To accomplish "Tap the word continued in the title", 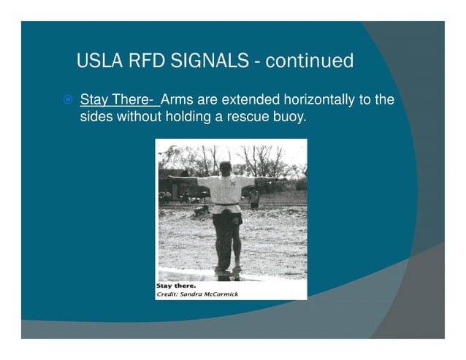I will point(310,61).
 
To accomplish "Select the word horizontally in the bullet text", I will point(319,99).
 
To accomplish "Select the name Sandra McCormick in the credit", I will point(212,294).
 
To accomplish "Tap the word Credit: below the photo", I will point(170,294).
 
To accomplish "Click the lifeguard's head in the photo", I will point(226,169).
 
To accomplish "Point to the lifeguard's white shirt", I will point(226,191).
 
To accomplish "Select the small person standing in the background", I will point(253,197).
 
